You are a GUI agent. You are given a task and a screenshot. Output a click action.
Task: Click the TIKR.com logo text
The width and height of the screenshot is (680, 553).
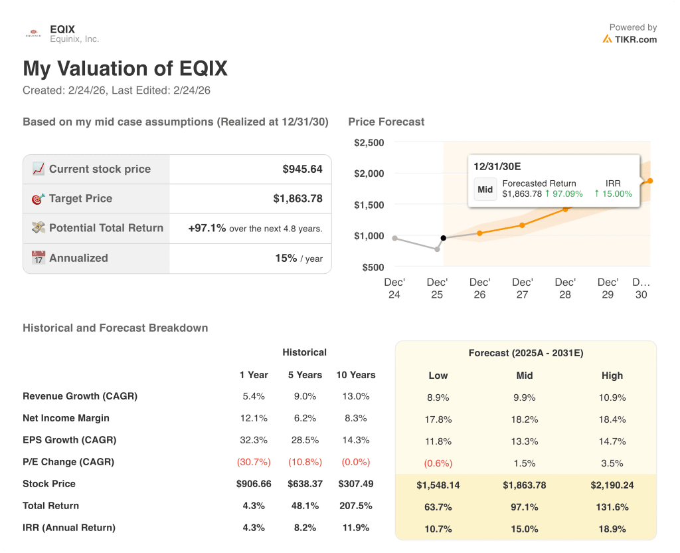[636, 39]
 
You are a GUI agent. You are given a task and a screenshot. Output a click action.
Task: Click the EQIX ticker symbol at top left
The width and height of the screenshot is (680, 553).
[62, 29]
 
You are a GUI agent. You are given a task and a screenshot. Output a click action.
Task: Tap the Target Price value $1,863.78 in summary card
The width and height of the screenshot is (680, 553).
[297, 199]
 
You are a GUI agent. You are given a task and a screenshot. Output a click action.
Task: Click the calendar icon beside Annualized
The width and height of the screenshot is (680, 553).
[39, 258]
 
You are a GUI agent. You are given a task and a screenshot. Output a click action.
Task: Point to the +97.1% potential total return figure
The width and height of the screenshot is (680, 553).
[207, 228]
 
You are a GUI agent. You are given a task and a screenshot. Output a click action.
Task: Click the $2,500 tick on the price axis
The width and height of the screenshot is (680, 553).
[369, 143]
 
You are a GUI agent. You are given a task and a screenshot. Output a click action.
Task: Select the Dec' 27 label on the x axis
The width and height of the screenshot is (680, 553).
[523, 288]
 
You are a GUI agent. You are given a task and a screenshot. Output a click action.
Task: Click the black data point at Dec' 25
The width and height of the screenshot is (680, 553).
[444, 238]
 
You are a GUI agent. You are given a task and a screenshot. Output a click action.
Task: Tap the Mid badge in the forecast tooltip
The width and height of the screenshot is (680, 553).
[485, 189]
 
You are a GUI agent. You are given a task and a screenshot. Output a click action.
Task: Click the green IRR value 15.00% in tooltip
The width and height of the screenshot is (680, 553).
[613, 194]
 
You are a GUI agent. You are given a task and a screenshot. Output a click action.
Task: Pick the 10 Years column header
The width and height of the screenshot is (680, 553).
[355, 375]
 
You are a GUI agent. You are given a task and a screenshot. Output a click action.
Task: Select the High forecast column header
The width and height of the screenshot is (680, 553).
[612, 376]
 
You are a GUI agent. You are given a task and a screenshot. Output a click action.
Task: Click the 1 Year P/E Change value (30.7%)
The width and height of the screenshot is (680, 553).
[252, 462]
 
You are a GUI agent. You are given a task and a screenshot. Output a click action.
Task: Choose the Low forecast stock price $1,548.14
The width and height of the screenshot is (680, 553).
[438, 485]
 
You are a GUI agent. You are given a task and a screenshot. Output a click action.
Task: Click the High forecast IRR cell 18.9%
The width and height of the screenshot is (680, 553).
[612, 529]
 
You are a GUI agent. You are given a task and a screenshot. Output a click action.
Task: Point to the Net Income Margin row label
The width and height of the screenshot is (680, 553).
[66, 418]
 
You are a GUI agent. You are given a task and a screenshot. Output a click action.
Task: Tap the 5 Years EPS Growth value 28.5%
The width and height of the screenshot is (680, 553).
[304, 440]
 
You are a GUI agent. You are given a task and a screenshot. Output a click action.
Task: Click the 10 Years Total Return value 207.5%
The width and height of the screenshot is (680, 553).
[355, 506]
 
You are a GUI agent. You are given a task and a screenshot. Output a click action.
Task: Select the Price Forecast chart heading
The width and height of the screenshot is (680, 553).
[386, 122]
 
